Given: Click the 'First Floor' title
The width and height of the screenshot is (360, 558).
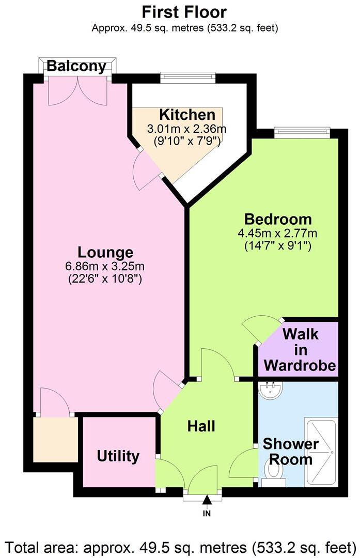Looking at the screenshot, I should point(184,12).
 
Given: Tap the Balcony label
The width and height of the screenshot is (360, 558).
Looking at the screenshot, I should point(76,67).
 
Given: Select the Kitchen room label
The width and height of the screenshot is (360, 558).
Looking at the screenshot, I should point(179,115).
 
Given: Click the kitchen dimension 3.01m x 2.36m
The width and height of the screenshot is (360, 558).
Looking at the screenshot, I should point(187,128).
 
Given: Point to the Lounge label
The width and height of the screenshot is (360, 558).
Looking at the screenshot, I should point(105,253).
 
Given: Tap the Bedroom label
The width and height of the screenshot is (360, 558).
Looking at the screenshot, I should point(278,219).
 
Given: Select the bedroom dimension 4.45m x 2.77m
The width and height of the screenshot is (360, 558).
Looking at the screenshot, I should point(277,233).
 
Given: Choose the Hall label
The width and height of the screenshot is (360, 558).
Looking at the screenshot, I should point(201,426).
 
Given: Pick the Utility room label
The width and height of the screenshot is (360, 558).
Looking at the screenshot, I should point(118,456).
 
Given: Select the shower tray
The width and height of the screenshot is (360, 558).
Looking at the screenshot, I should point(320,452).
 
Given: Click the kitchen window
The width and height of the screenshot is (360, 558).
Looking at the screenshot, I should point(187,78).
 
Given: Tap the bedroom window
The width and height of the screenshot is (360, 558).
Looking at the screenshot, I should point(302,132).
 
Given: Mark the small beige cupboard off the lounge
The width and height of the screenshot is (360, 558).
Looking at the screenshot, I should point(55,439).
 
